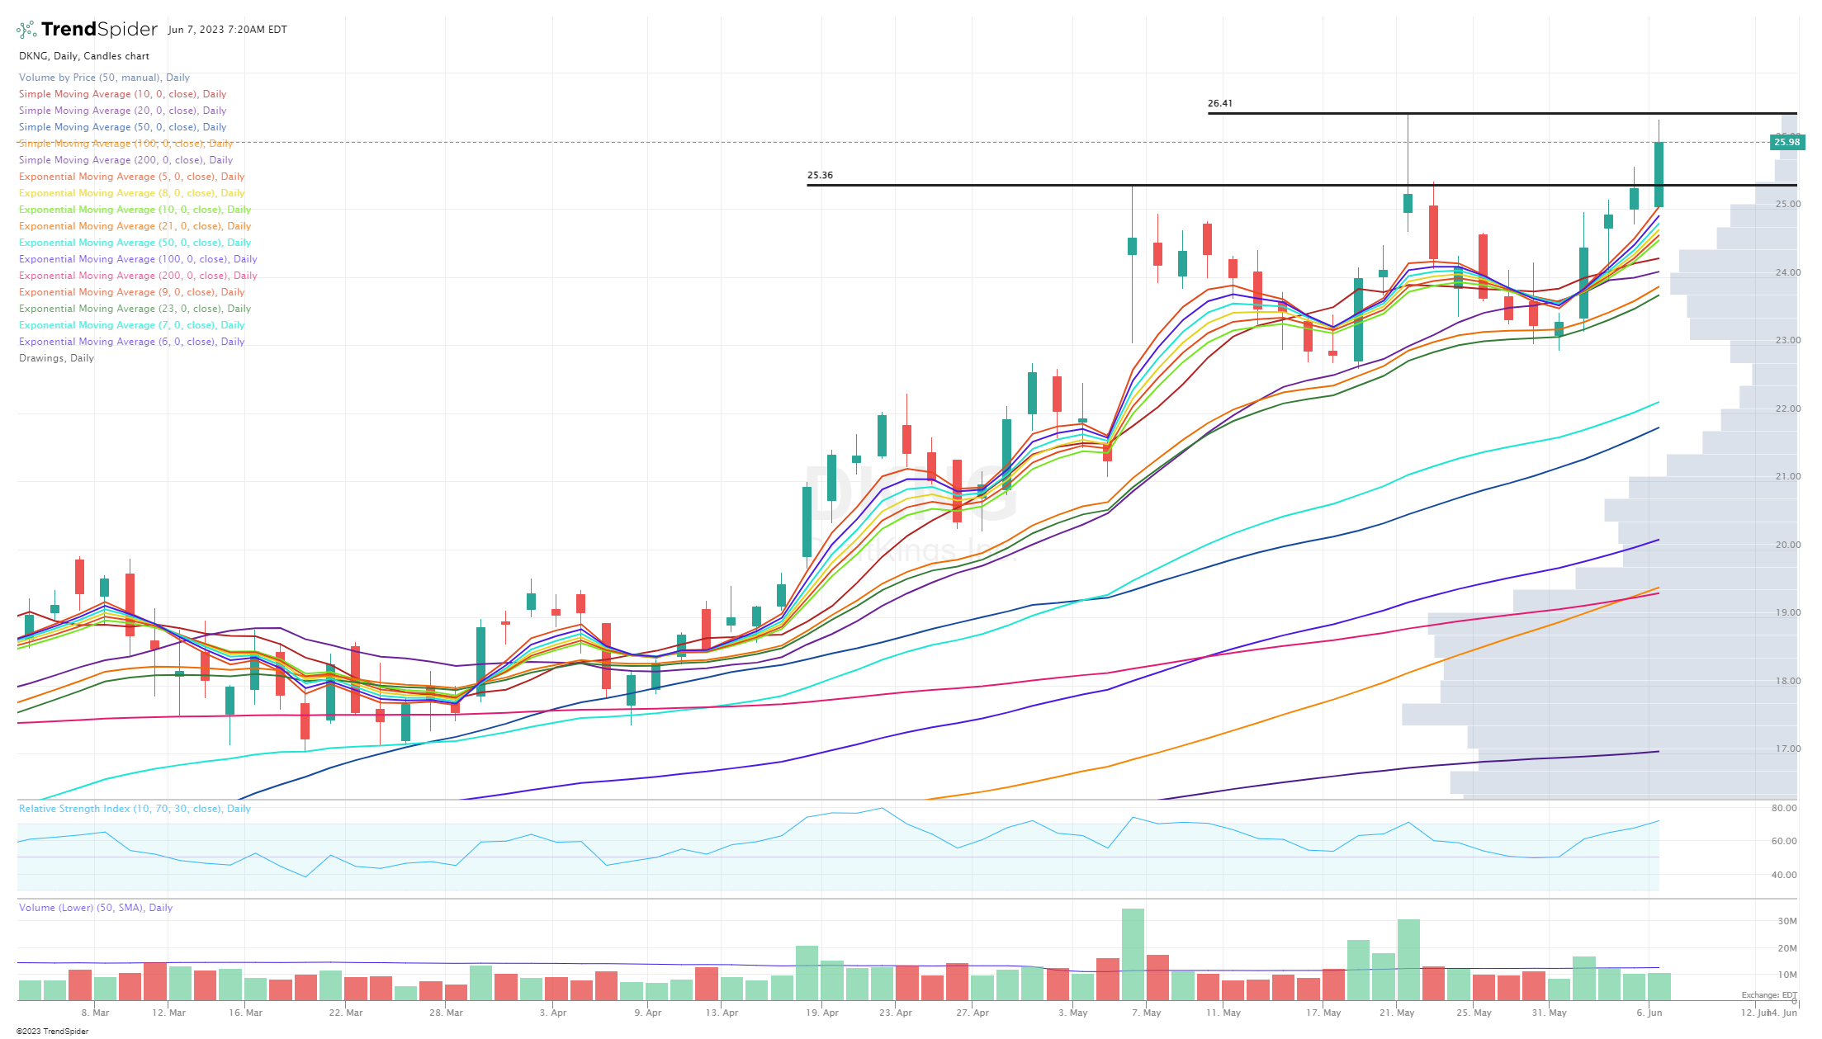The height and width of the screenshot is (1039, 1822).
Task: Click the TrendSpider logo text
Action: click(98, 30)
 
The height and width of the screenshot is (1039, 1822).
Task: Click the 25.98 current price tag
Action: click(1787, 143)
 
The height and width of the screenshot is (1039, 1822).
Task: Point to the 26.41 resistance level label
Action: click(1219, 104)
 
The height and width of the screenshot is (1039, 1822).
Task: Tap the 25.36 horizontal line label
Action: click(820, 176)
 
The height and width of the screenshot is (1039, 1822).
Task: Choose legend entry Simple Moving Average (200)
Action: click(125, 160)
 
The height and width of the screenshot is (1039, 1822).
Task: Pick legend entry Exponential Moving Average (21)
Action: click(135, 226)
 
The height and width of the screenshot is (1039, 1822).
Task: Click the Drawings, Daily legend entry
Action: click(56, 358)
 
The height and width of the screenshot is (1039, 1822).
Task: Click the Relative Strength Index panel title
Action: click(135, 809)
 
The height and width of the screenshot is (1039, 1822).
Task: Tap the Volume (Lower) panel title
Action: click(96, 908)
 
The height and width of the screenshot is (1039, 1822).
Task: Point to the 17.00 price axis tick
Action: click(1787, 749)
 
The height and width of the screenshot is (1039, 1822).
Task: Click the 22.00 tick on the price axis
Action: click(1787, 409)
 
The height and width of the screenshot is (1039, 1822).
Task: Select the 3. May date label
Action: click(1072, 1013)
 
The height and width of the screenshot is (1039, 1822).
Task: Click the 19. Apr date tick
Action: click(822, 1013)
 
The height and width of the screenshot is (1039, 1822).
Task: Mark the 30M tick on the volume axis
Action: click(1787, 922)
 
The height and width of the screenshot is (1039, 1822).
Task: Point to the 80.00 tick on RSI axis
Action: click(1783, 809)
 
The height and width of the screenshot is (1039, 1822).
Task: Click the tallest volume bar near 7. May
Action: click(1133, 953)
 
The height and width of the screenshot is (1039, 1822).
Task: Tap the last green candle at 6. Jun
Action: click(1658, 174)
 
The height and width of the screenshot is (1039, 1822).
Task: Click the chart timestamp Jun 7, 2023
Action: click(227, 30)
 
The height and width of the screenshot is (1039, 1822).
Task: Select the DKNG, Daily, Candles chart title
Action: click(84, 56)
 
